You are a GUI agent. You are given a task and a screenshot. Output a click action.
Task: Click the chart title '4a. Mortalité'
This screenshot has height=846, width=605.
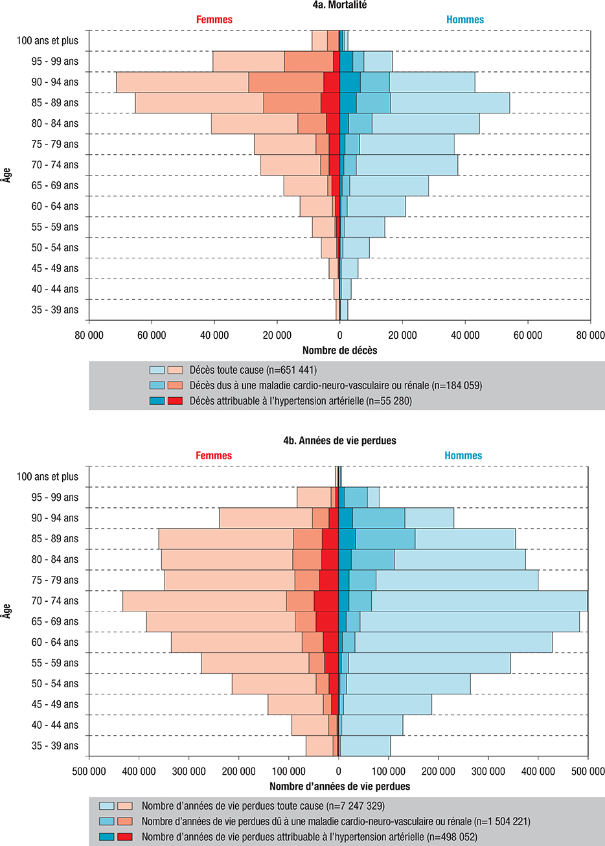(339, 5)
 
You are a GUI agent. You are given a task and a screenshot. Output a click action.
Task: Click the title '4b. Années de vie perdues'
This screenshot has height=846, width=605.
(339, 440)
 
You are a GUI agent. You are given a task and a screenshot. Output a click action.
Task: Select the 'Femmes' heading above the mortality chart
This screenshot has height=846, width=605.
(214, 19)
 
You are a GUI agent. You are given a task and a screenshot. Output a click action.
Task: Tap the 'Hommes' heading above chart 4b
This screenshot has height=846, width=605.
(463, 455)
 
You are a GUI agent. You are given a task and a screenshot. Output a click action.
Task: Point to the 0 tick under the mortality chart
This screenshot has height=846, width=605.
(339, 336)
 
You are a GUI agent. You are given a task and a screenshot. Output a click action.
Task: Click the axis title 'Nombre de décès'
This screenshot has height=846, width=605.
(339, 350)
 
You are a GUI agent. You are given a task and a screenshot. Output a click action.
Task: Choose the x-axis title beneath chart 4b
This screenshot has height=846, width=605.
(339, 786)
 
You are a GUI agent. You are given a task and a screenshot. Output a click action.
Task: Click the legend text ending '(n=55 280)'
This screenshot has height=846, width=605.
(301, 401)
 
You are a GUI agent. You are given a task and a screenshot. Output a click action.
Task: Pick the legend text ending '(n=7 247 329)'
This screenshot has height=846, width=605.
(263, 806)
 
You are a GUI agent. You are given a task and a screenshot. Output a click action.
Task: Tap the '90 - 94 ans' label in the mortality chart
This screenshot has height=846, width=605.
(55, 82)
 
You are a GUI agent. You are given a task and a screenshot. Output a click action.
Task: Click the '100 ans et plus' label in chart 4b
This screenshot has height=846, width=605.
(47, 477)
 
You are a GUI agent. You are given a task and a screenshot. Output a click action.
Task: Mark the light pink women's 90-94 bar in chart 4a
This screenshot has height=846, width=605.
(181, 82)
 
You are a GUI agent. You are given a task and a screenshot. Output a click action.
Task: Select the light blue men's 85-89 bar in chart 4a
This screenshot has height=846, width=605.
(450, 103)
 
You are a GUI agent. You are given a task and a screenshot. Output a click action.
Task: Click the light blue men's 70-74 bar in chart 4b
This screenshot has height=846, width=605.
(479, 600)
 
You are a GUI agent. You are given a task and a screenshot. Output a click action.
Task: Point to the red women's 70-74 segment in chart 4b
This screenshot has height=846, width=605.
(326, 600)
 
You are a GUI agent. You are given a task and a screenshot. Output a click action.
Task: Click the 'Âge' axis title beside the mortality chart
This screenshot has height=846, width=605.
(6, 175)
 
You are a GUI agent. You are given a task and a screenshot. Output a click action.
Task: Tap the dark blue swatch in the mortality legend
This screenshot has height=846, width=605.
(157, 401)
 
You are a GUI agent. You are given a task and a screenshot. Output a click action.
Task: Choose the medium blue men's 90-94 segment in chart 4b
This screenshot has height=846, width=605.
(378, 518)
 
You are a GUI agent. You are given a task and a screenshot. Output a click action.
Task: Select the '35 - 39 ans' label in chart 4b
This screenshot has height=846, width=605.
(55, 746)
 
